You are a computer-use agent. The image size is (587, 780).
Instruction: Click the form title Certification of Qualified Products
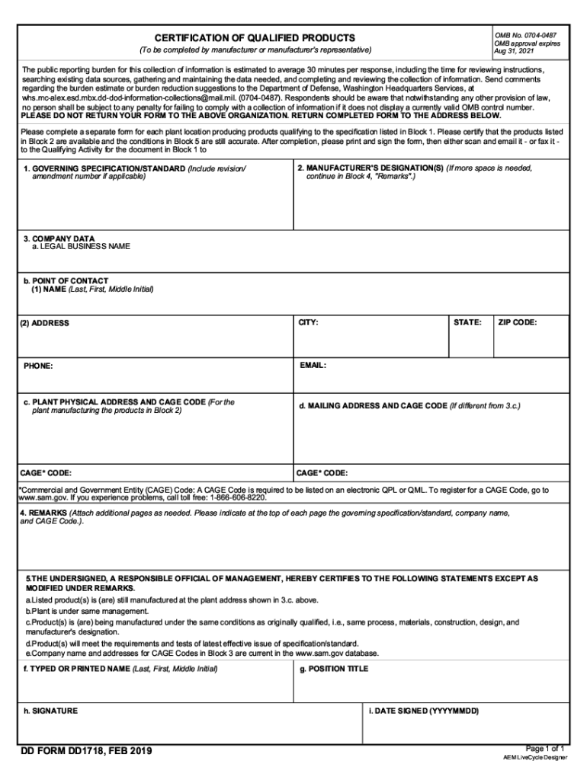(255, 38)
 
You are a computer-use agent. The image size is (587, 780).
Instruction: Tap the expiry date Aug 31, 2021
(515, 51)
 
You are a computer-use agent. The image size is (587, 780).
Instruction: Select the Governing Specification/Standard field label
(105, 168)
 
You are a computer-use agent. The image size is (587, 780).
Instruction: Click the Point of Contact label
(66, 281)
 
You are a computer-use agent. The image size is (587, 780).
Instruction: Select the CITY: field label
(308, 323)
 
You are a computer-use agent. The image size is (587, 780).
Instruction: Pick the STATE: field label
(467, 323)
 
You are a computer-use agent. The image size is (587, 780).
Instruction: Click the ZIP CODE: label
(518, 323)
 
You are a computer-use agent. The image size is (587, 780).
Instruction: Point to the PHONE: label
(38, 366)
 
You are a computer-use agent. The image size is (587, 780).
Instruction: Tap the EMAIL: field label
(313, 366)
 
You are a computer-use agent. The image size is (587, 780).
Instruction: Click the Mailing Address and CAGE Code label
(372, 406)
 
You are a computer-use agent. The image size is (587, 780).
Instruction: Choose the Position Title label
(334, 669)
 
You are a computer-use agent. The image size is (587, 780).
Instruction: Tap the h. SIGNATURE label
(50, 711)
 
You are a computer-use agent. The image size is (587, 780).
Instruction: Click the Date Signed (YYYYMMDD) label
(423, 711)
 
